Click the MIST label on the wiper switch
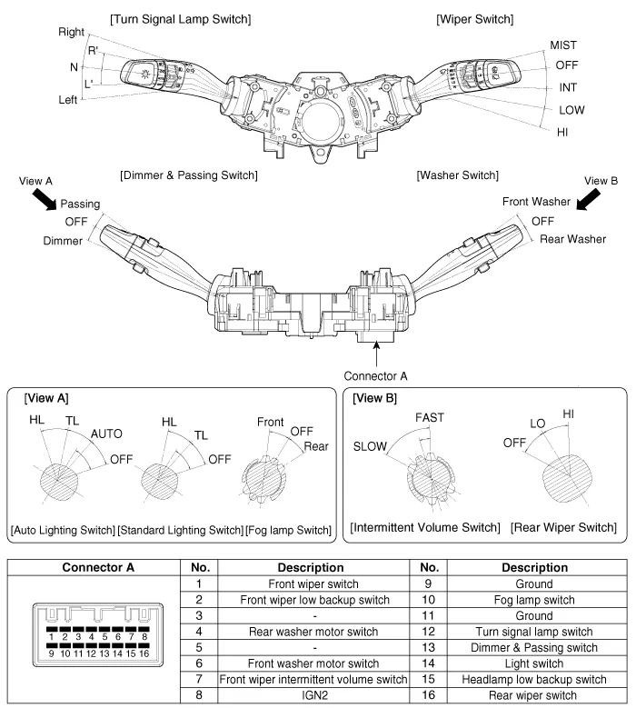coord(562,45)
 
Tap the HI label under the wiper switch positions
coord(562,131)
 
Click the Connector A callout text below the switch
coord(375,374)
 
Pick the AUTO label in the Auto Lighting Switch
coord(106,434)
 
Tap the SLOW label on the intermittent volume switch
coord(370,446)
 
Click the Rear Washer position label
coord(572,239)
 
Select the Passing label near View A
coord(81,204)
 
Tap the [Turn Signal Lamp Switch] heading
coord(180,19)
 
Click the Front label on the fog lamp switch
coord(271,422)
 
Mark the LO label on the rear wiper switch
coord(539,424)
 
